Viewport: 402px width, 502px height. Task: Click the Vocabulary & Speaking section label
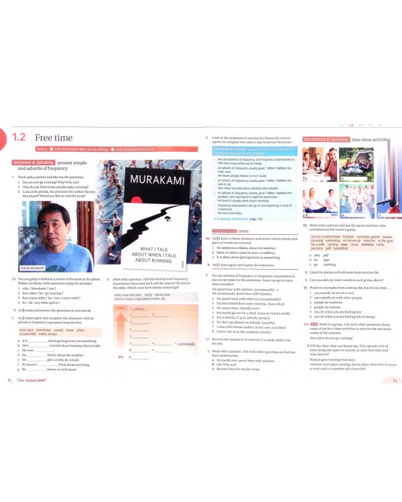326,139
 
